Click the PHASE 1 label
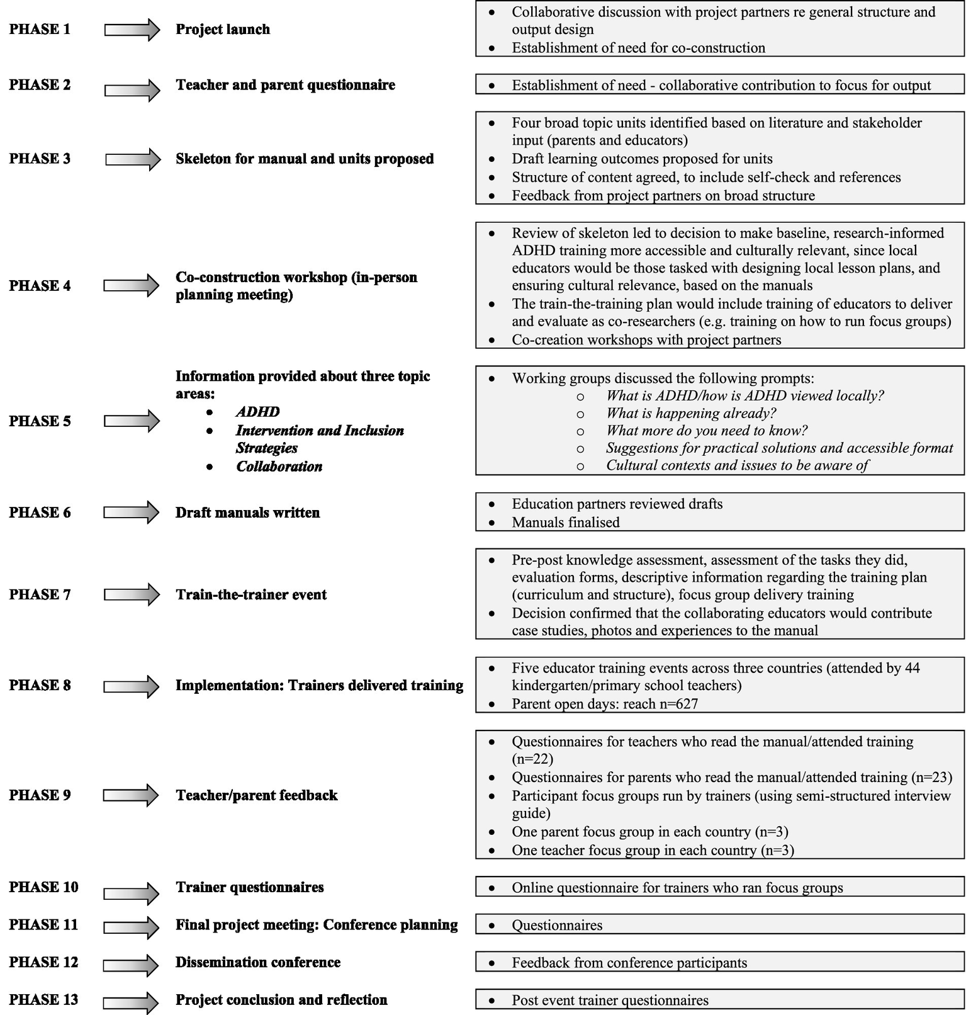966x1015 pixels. click(40, 29)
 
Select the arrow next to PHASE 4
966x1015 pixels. click(132, 286)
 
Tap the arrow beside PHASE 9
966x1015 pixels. click(132, 795)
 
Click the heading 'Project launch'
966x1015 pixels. click(223, 29)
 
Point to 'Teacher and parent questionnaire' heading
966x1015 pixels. click(285, 85)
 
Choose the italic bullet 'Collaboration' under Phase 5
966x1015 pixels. click(279, 467)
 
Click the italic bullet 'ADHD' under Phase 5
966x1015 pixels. click(257, 412)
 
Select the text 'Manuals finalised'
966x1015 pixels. click(565, 522)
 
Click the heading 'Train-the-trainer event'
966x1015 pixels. click(251, 594)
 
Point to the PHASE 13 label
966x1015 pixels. click(43, 1000)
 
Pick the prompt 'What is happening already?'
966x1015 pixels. click(690, 413)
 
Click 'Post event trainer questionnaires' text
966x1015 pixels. click(610, 1000)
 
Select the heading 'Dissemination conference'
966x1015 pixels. click(258, 962)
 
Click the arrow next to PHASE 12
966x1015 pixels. click(132, 965)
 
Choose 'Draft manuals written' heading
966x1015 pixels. click(247, 513)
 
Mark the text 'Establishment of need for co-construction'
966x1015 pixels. click(638, 48)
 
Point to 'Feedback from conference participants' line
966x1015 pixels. click(629, 963)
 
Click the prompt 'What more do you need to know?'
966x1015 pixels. click(706, 431)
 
